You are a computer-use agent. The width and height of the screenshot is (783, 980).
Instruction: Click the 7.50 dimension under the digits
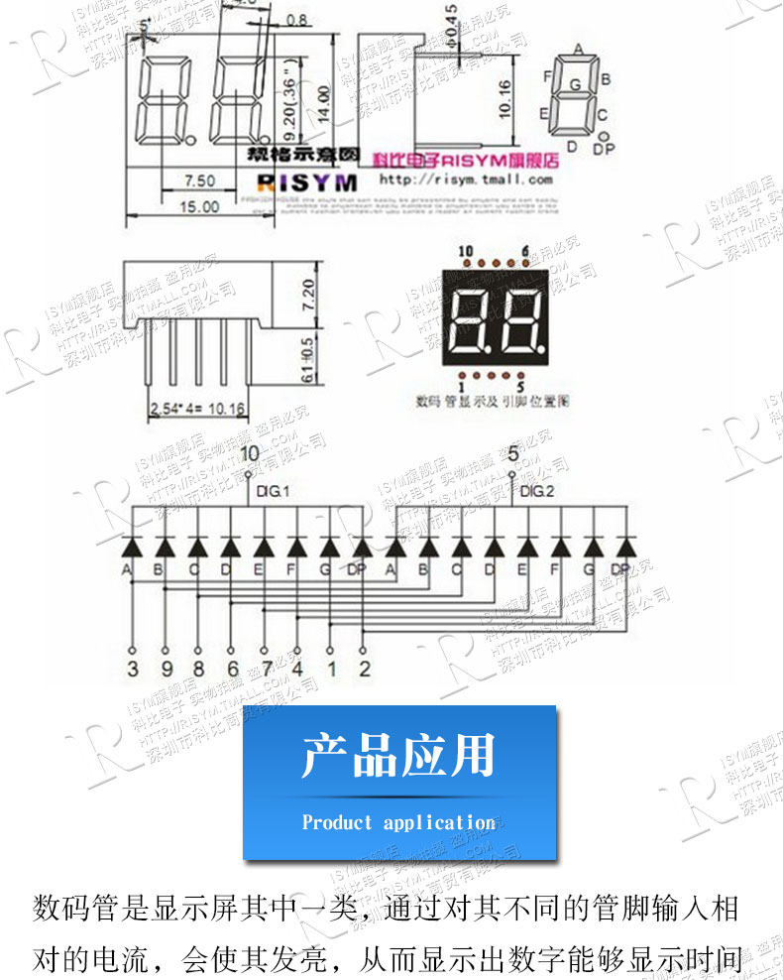click(x=200, y=181)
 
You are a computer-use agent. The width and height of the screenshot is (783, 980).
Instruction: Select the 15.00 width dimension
click(x=199, y=206)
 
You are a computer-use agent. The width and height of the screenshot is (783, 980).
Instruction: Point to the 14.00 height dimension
click(x=322, y=101)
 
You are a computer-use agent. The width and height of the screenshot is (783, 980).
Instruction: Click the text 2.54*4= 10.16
click(x=201, y=408)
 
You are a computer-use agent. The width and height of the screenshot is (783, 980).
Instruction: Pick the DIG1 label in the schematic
click(x=272, y=491)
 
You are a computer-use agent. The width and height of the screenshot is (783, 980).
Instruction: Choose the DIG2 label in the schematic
click(x=536, y=491)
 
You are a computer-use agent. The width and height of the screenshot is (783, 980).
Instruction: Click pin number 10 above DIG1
click(x=249, y=454)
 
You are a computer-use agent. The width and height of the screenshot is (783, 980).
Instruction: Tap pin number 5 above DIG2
click(x=512, y=454)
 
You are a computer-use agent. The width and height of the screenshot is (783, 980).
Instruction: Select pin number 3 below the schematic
click(x=133, y=669)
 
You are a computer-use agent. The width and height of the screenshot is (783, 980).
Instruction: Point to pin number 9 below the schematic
click(x=166, y=669)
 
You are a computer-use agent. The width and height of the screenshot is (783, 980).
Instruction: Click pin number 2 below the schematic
click(x=365, y=669)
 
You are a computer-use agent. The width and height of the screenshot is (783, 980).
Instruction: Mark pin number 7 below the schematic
click(x=266, y=669)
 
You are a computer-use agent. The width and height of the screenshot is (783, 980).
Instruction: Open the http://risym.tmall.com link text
click(x=466, y=181)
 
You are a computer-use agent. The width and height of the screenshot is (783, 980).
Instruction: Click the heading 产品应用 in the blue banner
click(x=398, y=757)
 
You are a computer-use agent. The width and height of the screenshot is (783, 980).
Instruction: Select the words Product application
click(x=398, y=822)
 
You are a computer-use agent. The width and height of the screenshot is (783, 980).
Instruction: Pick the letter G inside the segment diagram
click(x=574, y=85)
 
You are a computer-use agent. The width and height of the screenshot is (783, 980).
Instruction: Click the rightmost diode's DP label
click(x=620, y=569)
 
